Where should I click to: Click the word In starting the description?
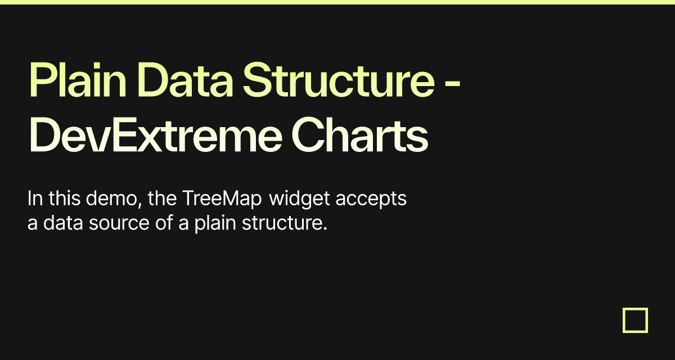[x=34, y=199]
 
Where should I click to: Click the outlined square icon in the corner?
[x=635, y=320]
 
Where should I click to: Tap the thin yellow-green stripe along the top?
[x=337, y=2]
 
